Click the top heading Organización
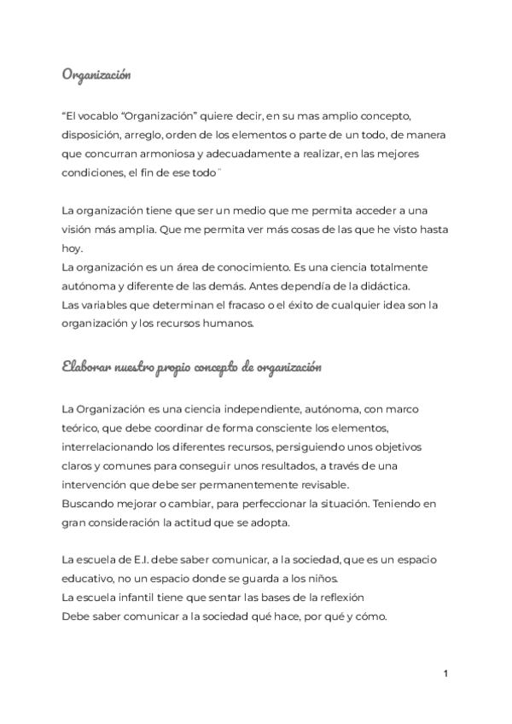(x=96, y=75)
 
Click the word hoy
(x=72, y=248)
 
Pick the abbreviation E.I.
(x=131, y=560)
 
